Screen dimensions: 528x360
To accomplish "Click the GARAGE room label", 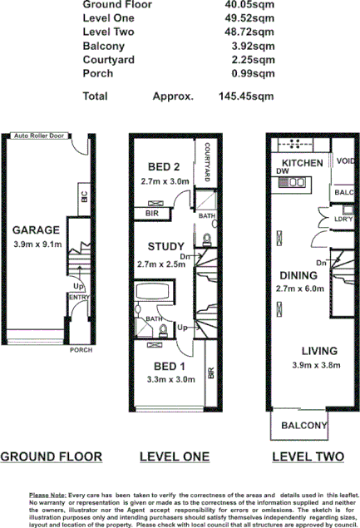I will pos(36,229).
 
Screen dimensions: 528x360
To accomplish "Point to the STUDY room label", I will pos(165,247).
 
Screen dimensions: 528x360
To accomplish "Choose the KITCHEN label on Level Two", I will pos(302,163).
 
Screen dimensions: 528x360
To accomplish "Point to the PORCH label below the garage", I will pos(81,349).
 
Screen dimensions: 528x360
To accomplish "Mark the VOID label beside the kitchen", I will pos(343,162).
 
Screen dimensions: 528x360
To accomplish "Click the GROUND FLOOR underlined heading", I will pos(51,456).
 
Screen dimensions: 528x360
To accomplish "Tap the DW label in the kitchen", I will pos(282,173).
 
